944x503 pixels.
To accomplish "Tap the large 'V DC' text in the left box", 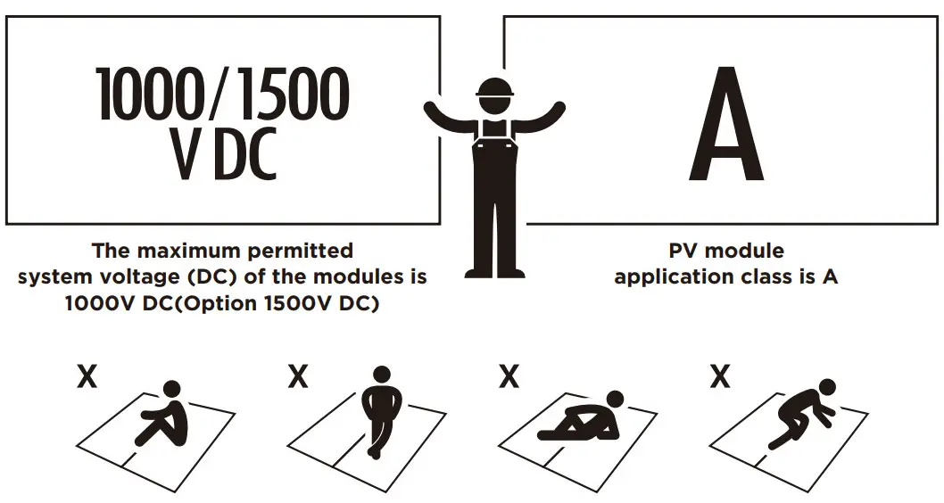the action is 223,153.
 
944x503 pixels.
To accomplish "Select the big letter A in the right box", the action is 725,124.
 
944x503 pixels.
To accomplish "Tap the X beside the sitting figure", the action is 87,378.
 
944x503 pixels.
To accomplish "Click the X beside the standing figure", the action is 297,378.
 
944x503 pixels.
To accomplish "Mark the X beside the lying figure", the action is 509,378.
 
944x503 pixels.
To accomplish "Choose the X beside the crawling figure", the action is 719,378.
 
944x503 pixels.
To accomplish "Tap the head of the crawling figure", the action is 827,388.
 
